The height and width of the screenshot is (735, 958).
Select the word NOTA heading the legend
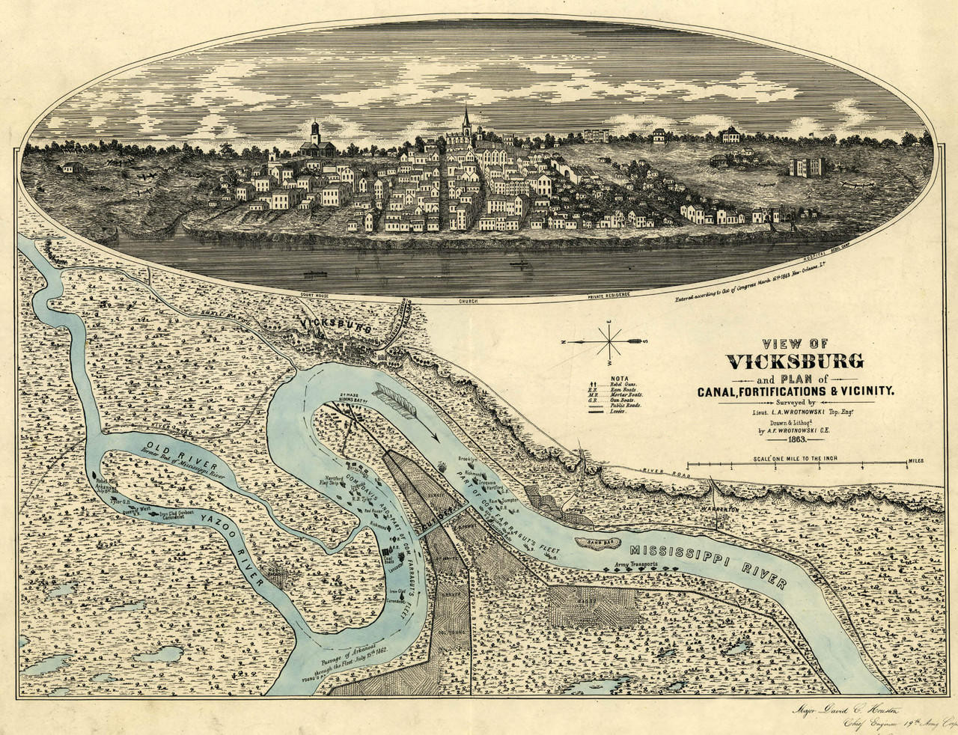pos(620,379)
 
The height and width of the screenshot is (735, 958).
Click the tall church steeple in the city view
pos(466,120)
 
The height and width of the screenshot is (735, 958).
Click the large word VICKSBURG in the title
pos(796,362)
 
